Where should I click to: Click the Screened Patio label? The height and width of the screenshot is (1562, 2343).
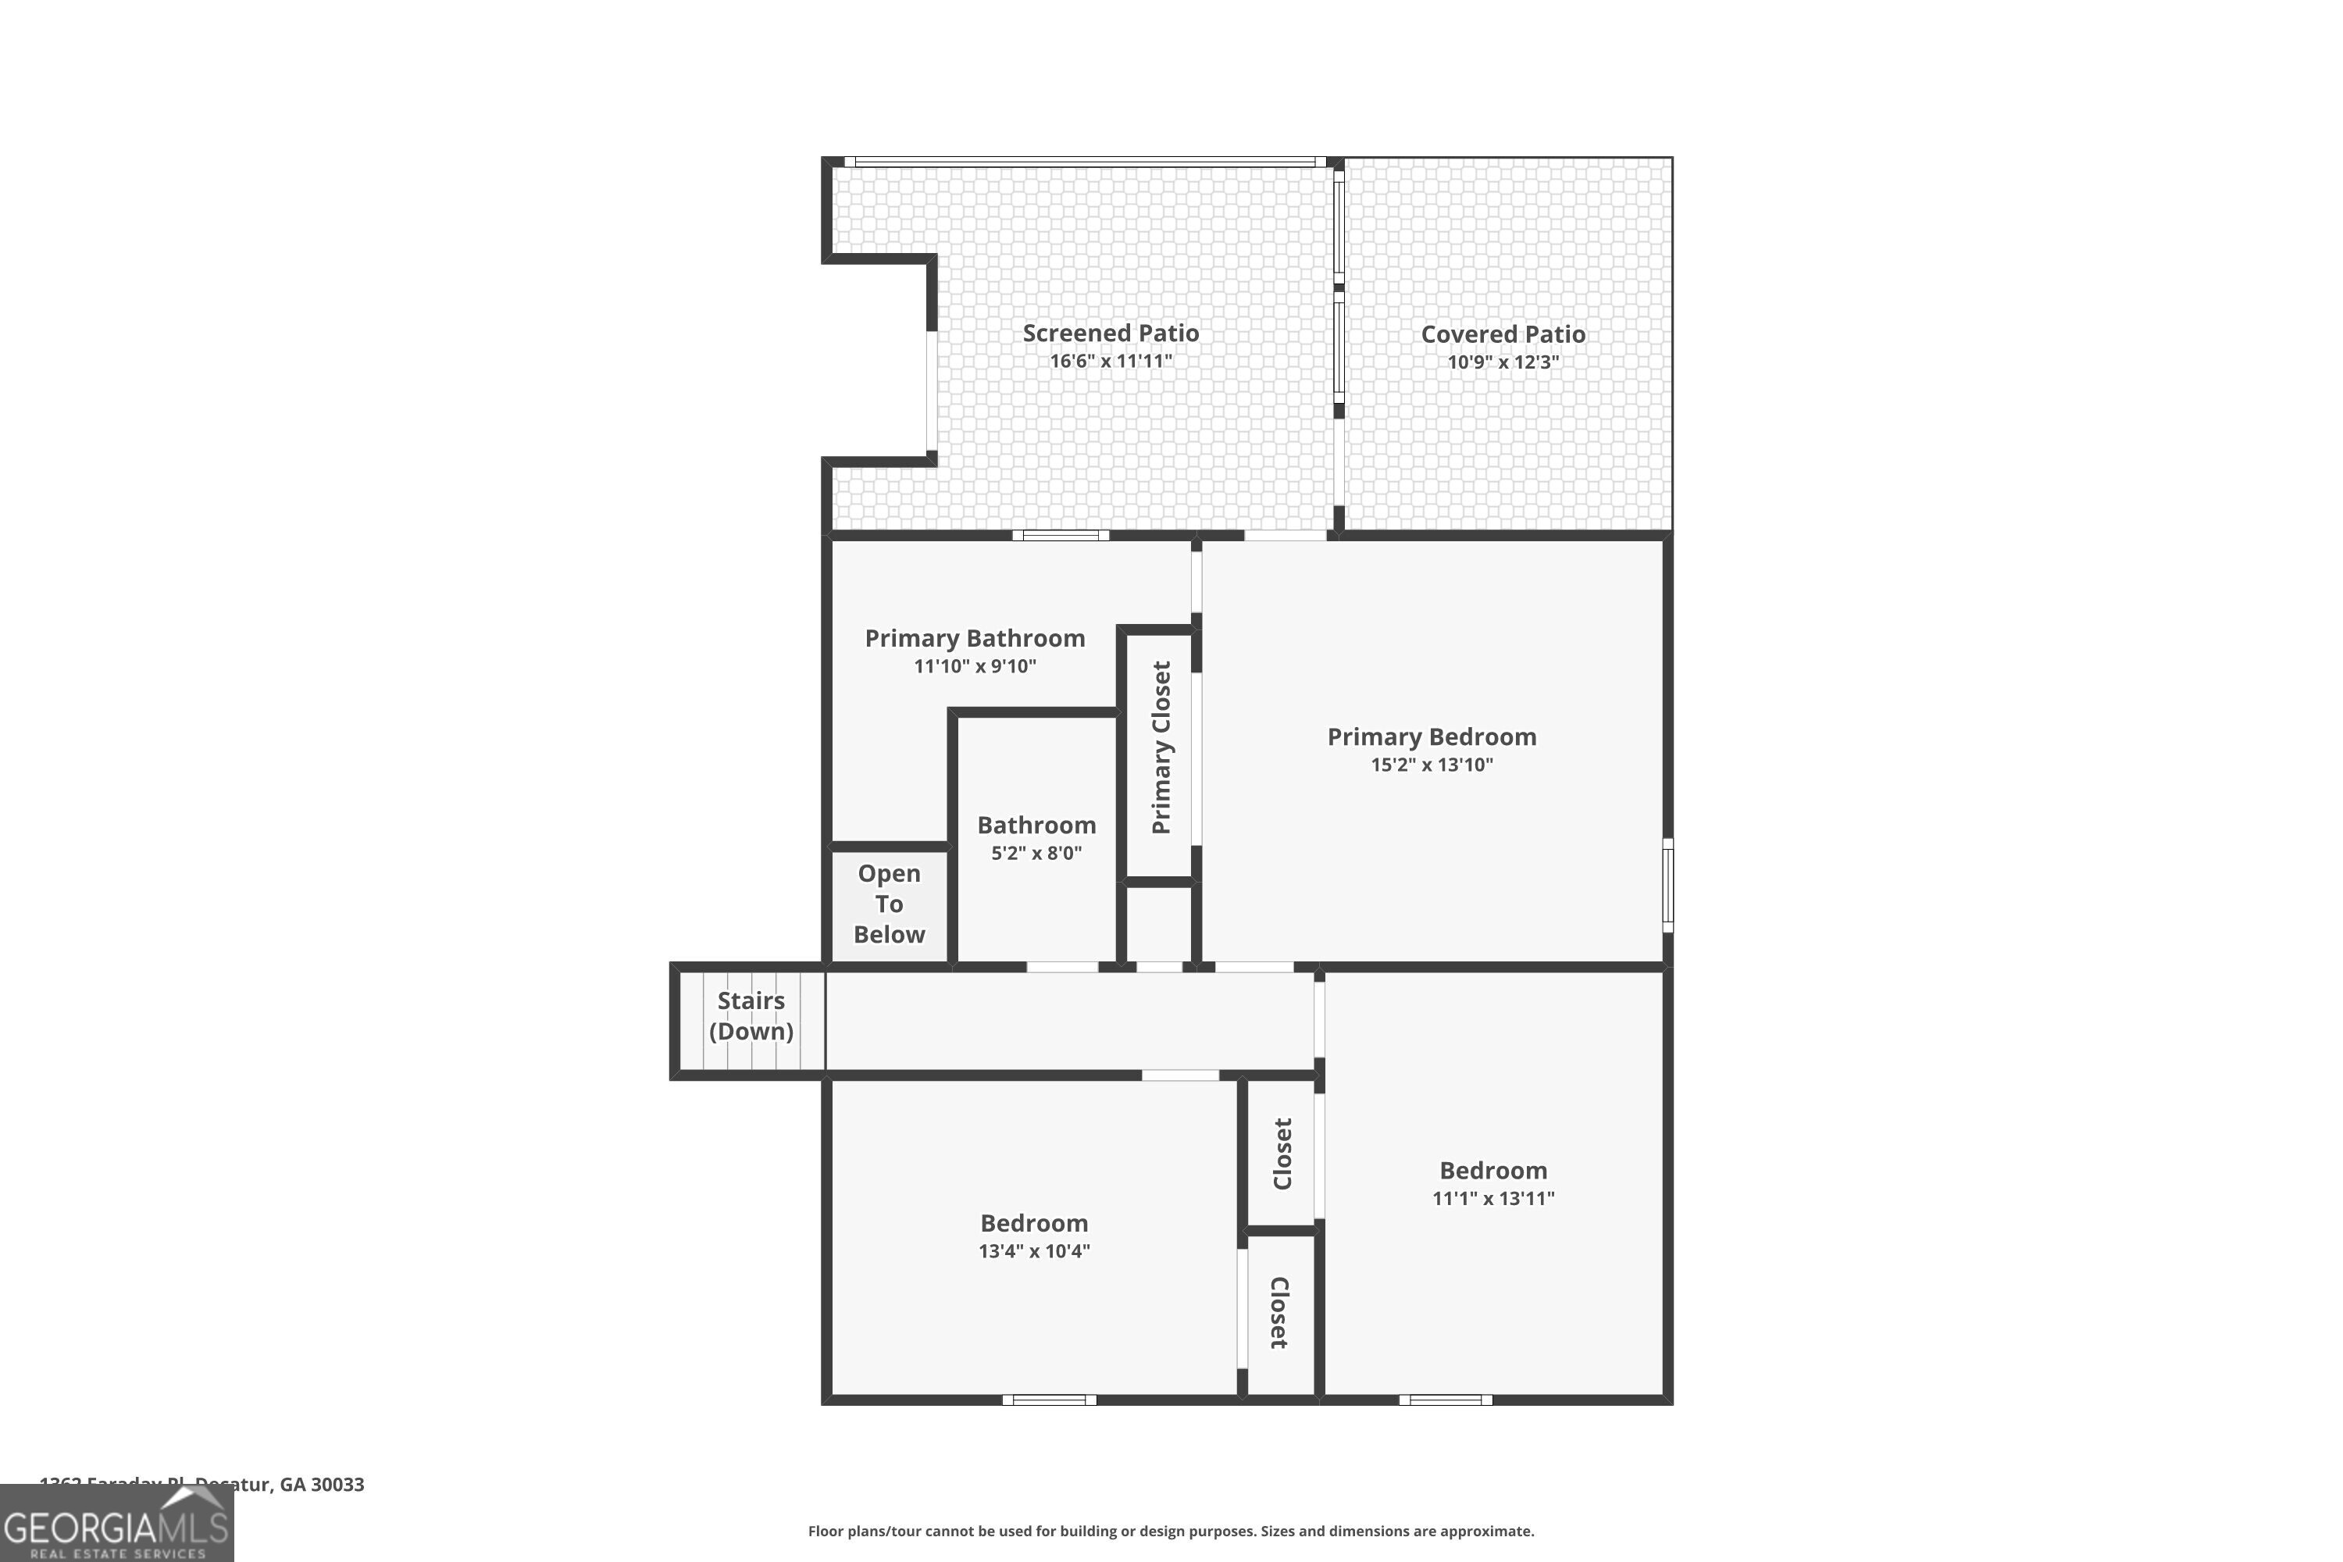tap(1111, 333)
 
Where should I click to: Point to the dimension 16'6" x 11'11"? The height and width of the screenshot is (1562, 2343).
tap(1111, 361)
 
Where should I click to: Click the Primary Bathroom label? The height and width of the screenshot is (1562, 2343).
tap(974, 639)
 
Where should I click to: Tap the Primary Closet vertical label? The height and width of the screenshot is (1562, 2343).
tap(1161, 747)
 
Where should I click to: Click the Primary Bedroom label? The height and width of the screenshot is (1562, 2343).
tap(1432, 737)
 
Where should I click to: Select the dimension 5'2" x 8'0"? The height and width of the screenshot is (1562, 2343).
tap(1036, 853)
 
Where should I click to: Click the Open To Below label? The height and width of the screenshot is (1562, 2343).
tap(889, 904)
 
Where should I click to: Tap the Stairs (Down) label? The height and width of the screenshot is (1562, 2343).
tap(751, 1015)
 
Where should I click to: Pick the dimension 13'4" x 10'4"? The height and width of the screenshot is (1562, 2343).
tap(1034, 1251)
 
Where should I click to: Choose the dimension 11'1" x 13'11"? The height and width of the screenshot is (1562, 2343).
tap(1493, 1198)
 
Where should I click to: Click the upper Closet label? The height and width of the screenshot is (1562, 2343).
tap(1282, 1154)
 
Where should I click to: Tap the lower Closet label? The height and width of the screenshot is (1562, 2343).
tap(1280, 1313)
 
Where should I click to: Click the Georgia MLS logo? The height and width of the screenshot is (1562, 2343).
tap(116, 1525)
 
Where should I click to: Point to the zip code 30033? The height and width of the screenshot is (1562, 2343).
tap(337, 1485)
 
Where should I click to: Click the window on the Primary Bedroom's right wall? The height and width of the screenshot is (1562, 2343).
tap(1667, 886)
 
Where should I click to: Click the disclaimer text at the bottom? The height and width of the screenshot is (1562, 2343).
tap(1171, 1531)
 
